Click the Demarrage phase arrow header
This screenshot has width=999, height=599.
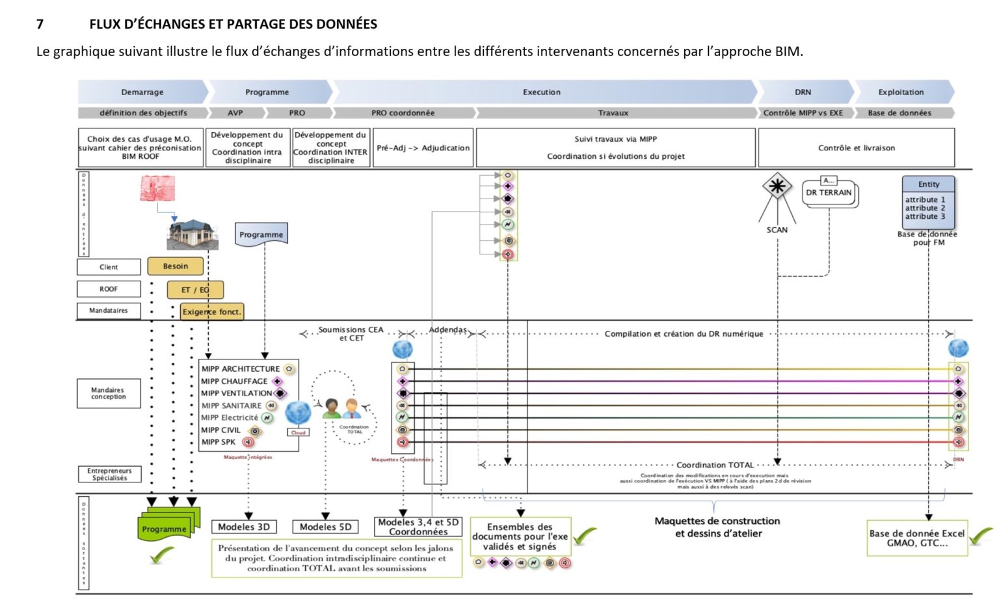[142, 92]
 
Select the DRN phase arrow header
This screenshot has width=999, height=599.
[803, 92]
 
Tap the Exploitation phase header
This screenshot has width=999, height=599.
[901, 92]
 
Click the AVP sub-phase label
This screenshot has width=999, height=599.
[235, 113]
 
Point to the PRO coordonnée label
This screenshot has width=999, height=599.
[403, 113]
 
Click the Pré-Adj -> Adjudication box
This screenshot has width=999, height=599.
[423, 148]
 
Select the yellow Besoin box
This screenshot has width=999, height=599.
[176, 266]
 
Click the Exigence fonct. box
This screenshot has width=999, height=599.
[212, 312]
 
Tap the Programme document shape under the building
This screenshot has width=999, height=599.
[261, 234]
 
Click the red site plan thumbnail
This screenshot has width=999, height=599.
[157, 188]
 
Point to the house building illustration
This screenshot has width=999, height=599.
[192, 234]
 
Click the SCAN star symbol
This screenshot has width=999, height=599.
[777, 187]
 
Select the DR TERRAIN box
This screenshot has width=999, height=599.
[829, 193]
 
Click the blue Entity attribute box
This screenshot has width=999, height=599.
[928, 202]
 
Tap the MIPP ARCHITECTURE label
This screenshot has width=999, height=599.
[241, 369]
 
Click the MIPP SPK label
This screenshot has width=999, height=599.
[219, 442]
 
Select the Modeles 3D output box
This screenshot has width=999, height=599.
[244, 527]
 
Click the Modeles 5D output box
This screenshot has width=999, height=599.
[326, 527]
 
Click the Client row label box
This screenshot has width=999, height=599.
[109, 267]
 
